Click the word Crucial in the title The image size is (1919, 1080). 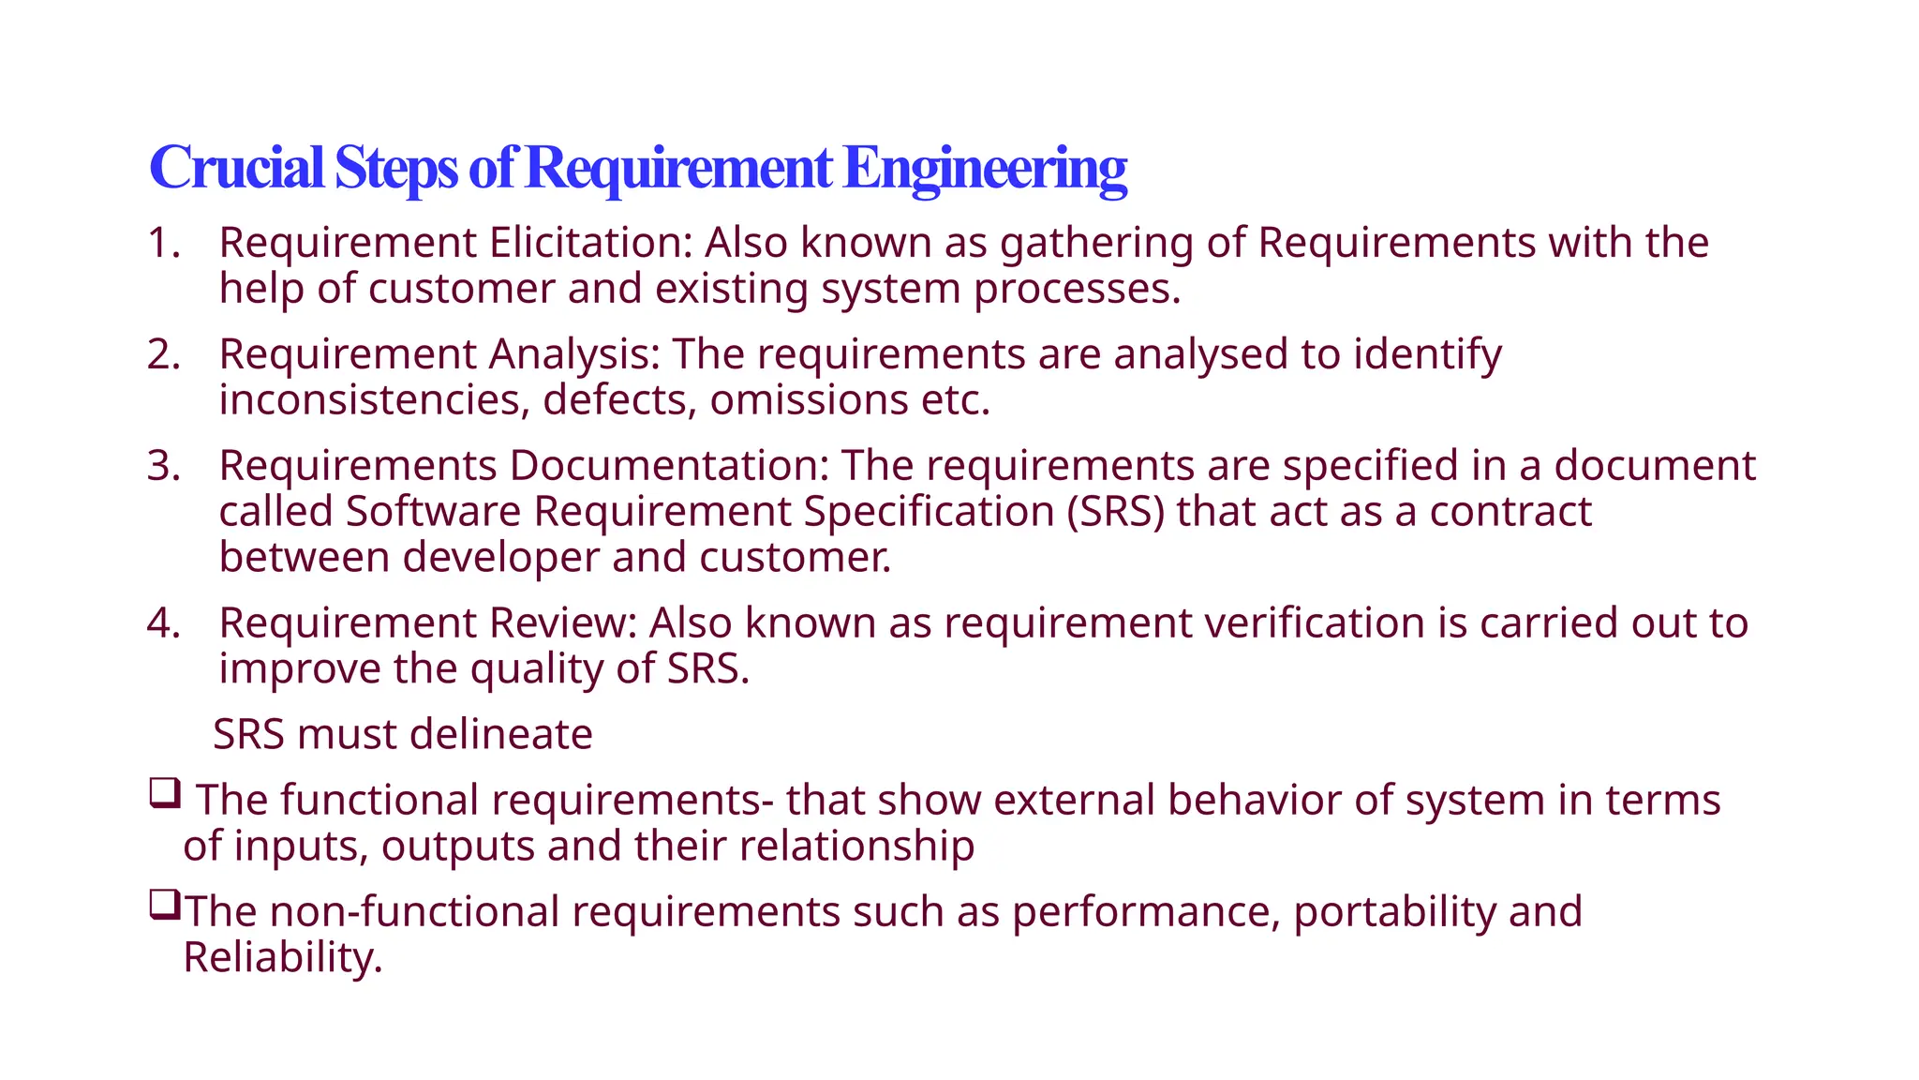coord(236,168)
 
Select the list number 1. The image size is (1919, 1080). coord(163,243)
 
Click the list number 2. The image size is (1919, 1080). coord(163,354)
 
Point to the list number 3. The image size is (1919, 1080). coord(163,466)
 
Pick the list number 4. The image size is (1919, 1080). coord(163,623)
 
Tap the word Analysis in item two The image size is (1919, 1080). coord(574,354)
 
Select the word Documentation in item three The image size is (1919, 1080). coord(669,466)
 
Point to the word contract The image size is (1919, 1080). coord(1510,512)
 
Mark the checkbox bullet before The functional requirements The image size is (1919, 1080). coord(164,794)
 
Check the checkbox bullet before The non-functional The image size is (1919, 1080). coord(164,906)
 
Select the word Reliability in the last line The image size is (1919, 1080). coord(283,958)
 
